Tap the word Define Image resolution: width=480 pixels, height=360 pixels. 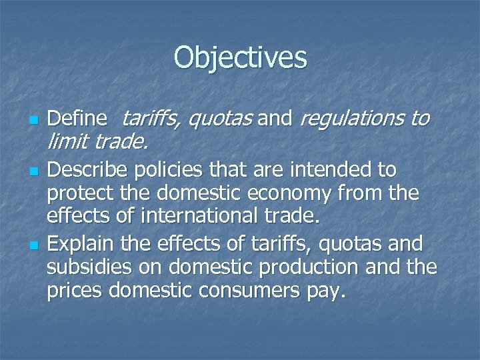tap(78, 119)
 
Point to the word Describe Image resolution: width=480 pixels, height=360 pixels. tap(88, 169)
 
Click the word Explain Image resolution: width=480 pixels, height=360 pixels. tap(78, 245)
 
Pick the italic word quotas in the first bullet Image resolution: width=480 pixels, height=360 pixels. tap(219, 119)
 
